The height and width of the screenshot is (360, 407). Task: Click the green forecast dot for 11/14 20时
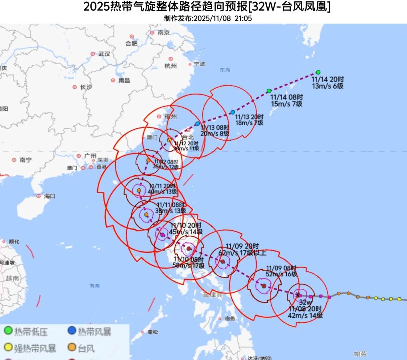coord(318,72)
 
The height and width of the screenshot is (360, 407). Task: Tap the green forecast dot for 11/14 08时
coord(269,91)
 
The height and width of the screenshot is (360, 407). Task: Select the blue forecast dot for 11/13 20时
coord(233,112)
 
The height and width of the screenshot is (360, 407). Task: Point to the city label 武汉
coord(104,54)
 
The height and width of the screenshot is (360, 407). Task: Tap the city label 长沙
coord(86,87)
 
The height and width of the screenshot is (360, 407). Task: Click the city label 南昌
coord(124,80)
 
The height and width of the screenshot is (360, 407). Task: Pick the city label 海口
coord(50,196)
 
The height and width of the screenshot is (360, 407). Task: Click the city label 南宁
coord(26,160)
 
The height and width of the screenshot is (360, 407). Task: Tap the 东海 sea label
coord(225,70)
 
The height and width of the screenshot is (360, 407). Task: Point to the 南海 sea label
coord(94,286)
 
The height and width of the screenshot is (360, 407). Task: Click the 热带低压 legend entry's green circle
coord(8,331)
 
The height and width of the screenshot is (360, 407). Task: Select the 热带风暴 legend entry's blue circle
coord(72,331)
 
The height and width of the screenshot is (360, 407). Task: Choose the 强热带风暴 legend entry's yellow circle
coord(8,347)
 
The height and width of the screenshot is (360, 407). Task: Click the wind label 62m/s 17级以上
coord(242,253)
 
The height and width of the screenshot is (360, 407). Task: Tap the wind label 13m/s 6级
coord(327,86)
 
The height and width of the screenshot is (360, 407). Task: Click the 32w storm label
coord(305,302)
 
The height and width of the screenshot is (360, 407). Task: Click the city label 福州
coord(171,117)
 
